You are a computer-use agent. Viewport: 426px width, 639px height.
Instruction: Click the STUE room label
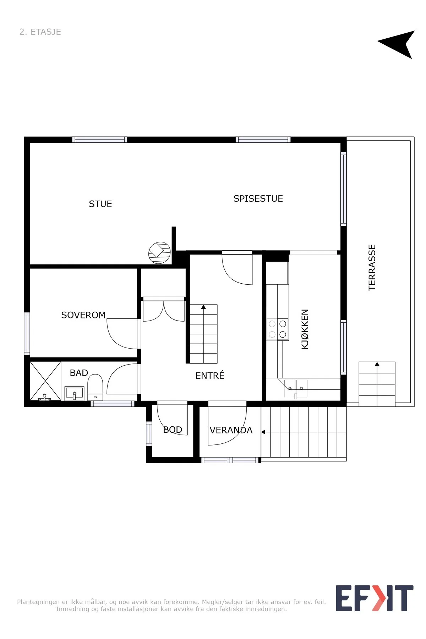(100, 204)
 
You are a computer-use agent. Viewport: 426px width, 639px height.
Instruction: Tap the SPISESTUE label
(258, 199)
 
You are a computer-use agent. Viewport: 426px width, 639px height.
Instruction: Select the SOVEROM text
(83, 315)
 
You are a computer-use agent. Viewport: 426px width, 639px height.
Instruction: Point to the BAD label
(79, 373)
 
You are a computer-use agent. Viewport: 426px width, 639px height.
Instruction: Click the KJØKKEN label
(305, 329)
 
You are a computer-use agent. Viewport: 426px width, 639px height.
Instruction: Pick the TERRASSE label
(372, 268)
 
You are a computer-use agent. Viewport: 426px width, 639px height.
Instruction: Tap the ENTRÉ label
(210, 375)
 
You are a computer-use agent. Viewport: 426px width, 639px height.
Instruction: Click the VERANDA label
(231, 430)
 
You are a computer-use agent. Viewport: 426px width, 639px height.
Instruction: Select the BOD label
(173, 430)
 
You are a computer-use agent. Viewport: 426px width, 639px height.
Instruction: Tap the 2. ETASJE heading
(40, 32)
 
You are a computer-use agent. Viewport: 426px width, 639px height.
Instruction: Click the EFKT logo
(375, 598)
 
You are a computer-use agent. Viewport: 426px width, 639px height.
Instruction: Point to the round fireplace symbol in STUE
(159, 253)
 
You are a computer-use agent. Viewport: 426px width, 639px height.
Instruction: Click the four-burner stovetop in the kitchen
(278, 329)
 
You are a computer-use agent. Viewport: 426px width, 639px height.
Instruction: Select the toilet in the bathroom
(95, 387)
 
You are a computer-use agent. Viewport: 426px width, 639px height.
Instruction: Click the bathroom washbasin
(75, 393)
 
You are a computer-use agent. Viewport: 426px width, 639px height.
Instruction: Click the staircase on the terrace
(377, 384)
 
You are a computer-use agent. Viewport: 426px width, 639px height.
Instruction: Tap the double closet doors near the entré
(164, 311)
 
